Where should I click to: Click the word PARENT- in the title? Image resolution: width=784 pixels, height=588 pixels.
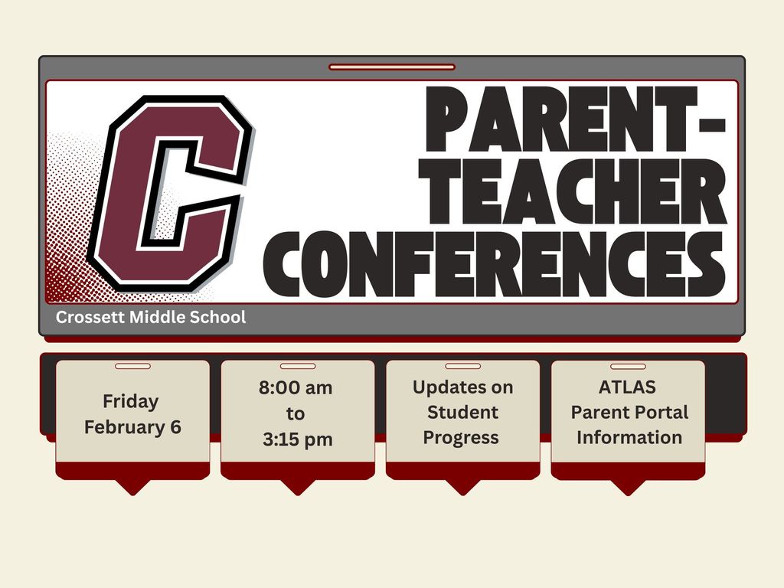click(573, 121)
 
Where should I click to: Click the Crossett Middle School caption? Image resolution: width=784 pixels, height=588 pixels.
click(151, 317)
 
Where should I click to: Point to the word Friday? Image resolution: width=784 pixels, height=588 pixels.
click(131, 401)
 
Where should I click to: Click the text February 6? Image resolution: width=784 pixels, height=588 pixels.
click(132, 426)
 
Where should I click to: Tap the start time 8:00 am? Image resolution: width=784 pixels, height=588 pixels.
click(296, 387)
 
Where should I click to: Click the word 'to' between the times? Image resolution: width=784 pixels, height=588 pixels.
click(296, 414)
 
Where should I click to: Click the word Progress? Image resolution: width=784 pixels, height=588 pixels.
click(461, 437)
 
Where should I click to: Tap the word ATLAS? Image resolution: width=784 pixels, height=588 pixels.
click(627, 387)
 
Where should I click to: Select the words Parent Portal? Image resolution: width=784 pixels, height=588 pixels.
click(629, 412)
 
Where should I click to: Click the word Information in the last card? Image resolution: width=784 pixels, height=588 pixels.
click(629, 437)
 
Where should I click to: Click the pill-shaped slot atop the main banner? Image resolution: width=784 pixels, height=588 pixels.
click(392, 67)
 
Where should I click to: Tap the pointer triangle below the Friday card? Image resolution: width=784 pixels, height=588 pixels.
click(132, 486)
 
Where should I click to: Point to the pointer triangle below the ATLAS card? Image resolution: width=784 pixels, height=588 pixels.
click(628, 486)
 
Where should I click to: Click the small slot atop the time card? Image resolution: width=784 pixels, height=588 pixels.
click(298, 366)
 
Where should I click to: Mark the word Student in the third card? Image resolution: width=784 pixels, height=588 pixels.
click(462, 412)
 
